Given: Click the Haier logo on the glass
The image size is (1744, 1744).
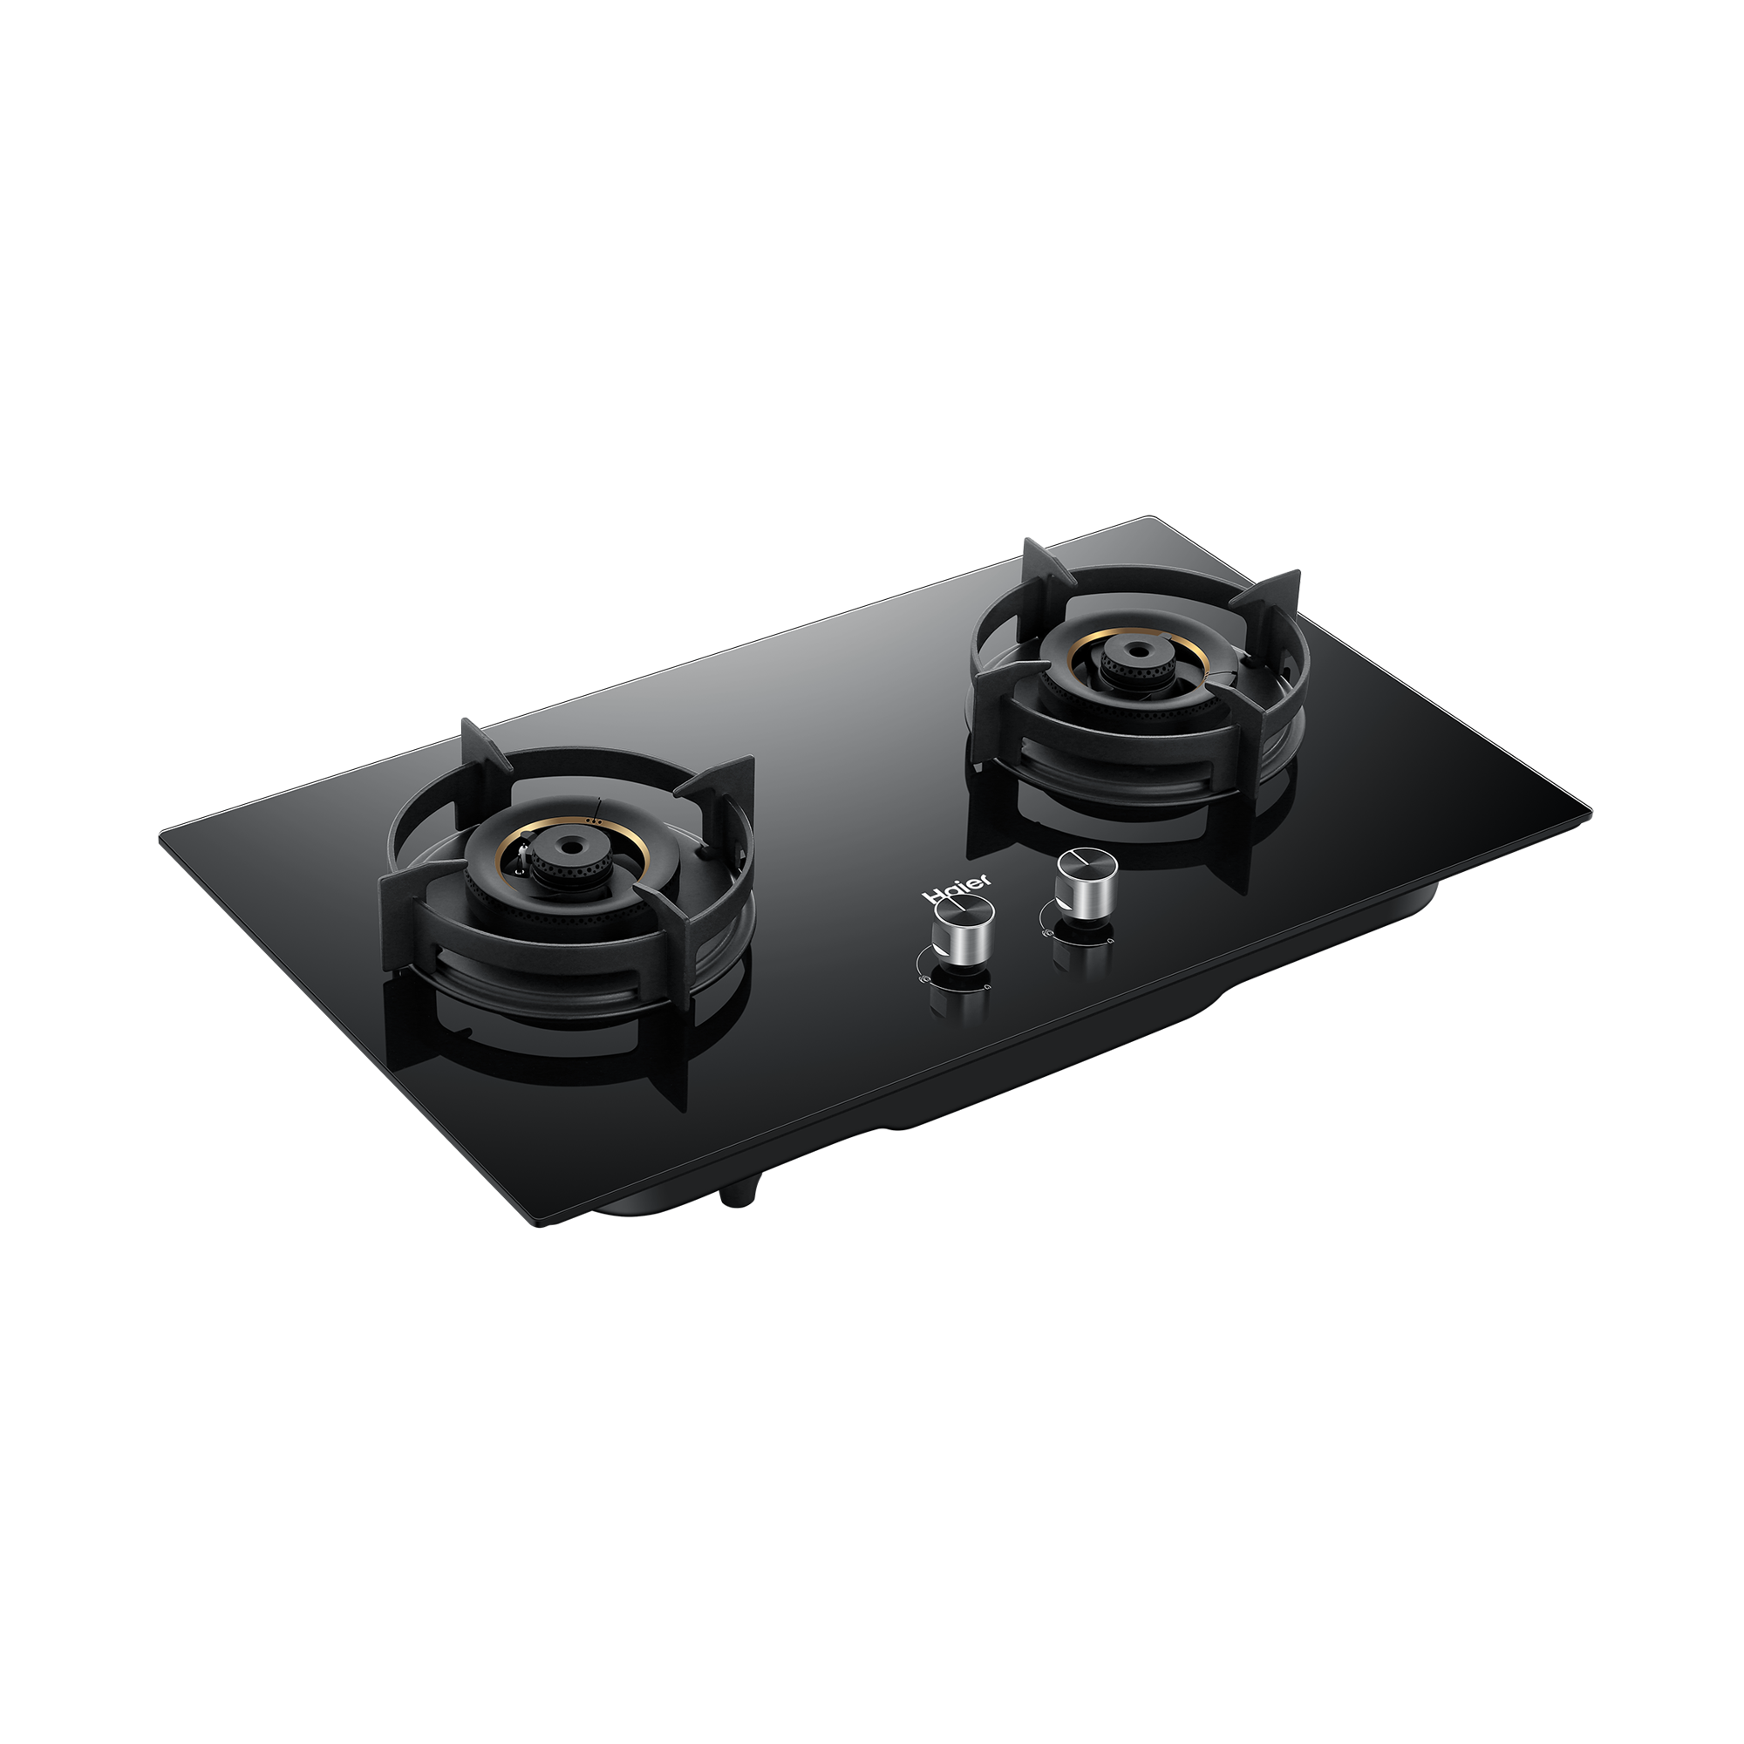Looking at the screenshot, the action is click(957, 886).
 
